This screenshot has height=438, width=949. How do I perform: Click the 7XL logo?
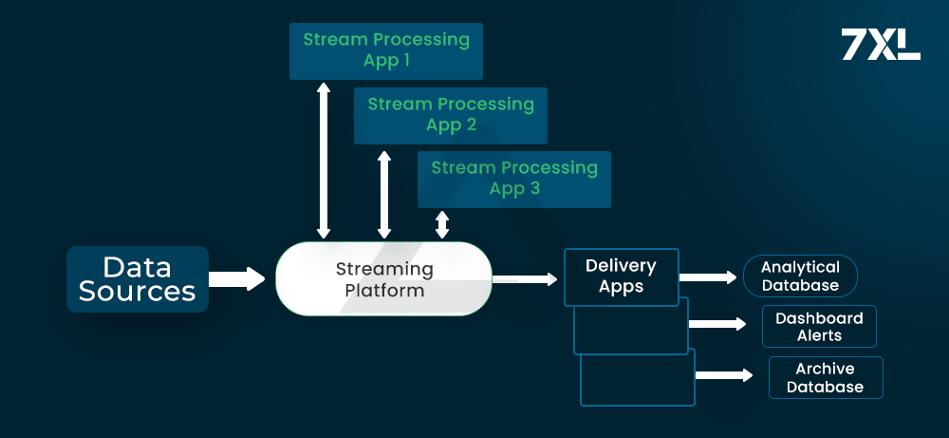click(880, 45)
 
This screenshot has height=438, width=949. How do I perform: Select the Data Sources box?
click(138, 278)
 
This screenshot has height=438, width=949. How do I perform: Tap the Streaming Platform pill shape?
click(383, 279)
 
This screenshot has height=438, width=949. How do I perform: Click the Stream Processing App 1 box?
click(386, 51)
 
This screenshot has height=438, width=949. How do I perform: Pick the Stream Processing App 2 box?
click(451, 115)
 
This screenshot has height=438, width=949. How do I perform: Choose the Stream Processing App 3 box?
click(514, 179)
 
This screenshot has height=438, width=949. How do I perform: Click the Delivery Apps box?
click(622, 276)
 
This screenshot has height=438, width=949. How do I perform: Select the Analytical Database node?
click(800, 276)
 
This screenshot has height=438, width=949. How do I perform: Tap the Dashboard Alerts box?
click(819, 327)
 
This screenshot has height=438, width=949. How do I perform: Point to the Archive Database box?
click(826, 377)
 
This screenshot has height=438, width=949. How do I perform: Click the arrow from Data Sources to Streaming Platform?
click(236, 278)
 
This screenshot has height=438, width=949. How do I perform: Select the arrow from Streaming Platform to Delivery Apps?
click(525, 278)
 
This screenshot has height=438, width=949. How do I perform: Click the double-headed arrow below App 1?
click(324, 160)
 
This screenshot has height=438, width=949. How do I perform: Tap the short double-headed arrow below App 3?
click(442, 224)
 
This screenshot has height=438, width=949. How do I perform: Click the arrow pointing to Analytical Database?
click(708, 277)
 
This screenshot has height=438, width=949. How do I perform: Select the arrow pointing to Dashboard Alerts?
click(717, 324)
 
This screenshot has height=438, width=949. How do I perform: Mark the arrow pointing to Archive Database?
click(724, 374)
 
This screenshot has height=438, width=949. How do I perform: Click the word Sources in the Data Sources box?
click(138, 292)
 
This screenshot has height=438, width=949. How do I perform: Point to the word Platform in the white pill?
click(384, 291)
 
